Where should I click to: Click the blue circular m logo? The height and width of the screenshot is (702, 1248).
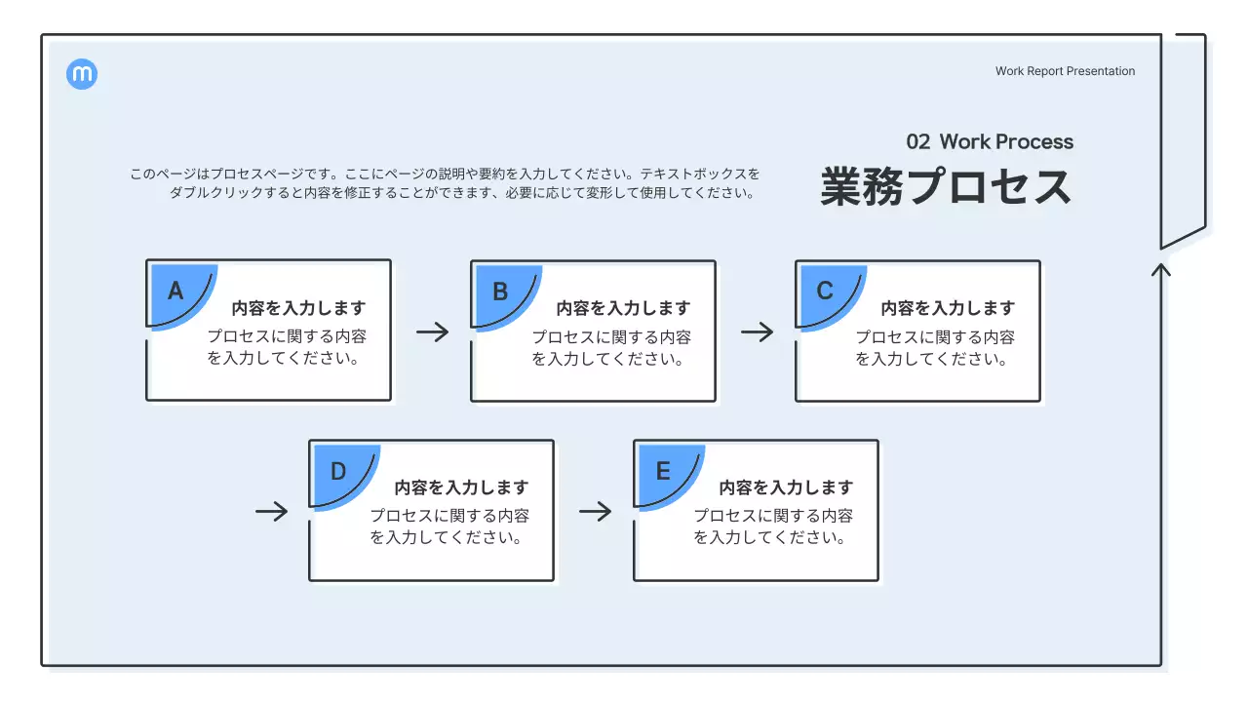click(x=82, y=74)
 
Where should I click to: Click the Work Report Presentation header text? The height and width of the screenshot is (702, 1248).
click(x=1065, y=71)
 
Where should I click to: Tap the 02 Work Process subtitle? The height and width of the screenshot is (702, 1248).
click(x=990, y=142)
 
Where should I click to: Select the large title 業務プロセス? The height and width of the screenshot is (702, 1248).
click(x=946, y=187)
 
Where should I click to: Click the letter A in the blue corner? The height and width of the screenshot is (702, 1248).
click(x=175, y=291)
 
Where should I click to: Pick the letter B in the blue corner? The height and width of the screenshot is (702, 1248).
click(x=500, y=291)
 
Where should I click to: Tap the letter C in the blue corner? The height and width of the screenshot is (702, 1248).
click(x=825, y=291)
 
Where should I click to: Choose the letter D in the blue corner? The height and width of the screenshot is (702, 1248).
click(x=338, y=471)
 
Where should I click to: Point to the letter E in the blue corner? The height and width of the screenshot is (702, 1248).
click(x=663, y=471)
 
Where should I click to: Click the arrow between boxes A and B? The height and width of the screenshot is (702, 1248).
click(x=432, y=331)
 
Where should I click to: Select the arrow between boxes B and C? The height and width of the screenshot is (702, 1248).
click(x=757, y=331)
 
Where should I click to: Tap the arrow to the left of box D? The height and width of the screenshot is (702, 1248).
click(x=272, y=512)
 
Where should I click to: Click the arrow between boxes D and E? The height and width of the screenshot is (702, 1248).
click(x=595, y=512)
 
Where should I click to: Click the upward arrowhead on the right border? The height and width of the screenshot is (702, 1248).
click(x=1160, y=268)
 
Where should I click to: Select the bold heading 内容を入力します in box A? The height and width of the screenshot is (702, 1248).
click(x=298, y=308)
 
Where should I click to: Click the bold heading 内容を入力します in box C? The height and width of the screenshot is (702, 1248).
click(x=948, y=308)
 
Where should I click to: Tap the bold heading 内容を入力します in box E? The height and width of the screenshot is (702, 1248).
click(x=786, y=487)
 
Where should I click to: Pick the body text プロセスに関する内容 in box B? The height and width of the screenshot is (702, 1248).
click(x=611, y=337)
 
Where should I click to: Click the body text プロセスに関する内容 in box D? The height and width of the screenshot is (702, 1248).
click(x=449, y=517)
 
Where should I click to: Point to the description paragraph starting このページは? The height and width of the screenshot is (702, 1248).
click(x=445, y=183)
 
